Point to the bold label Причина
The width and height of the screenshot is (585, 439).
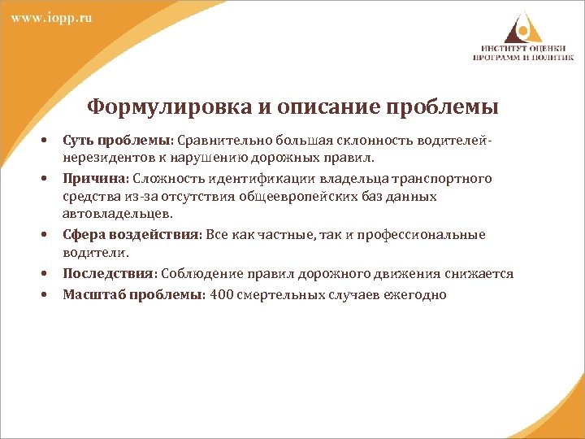[x=92, y=178]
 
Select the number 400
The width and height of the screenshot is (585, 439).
[x=221, y=294]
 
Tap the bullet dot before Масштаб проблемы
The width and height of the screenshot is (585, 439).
[x=46, y=294]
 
